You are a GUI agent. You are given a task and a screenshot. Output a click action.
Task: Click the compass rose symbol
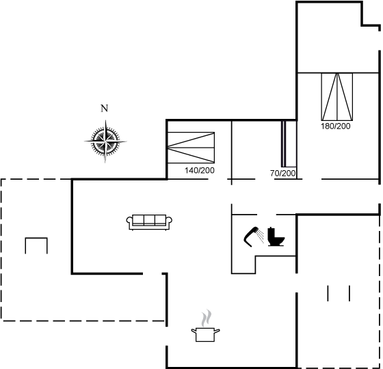pos(105,141)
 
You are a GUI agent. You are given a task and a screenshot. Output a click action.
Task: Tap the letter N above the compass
pos(104,109)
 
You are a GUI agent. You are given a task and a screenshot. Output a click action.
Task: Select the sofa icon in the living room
pos(149,222)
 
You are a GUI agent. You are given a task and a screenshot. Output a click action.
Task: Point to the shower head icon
pos(252,236)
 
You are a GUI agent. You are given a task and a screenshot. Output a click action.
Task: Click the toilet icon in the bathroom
pos(276,236)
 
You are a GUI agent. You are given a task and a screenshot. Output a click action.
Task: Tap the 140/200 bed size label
pos(200,170)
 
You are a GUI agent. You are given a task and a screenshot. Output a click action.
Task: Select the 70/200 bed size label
pos(283,174)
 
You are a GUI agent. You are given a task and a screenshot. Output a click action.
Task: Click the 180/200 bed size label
pos(336,126)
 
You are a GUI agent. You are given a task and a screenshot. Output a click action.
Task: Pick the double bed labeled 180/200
pos(337,96)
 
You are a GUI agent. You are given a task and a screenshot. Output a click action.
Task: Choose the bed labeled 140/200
pos(191,148)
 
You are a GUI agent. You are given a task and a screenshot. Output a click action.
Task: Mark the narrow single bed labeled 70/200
pos(284,143)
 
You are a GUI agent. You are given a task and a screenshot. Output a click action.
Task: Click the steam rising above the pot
pos(207,318)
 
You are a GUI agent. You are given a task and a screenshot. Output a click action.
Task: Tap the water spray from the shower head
pos(261,236)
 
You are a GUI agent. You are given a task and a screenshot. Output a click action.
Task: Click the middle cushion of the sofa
pos(149,219)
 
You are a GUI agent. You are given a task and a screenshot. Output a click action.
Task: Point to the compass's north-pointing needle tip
pos(105,120)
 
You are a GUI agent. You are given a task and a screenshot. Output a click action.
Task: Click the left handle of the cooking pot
pos(194,331)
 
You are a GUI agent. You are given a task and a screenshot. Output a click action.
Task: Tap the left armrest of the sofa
pos(129,219)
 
